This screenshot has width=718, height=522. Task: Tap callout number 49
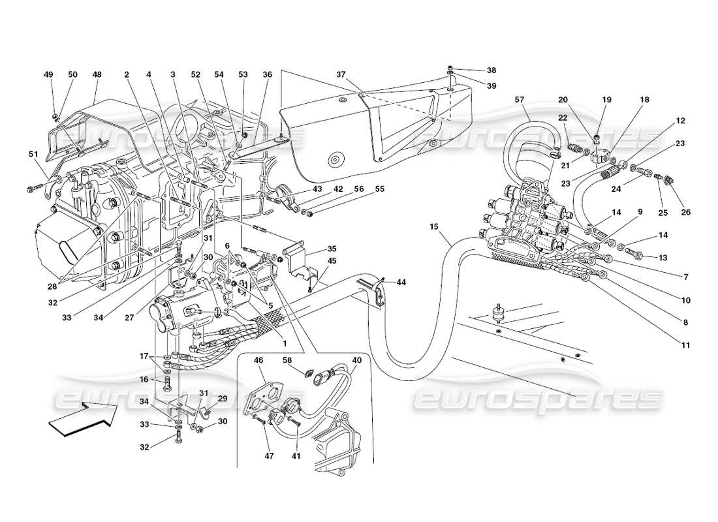point(49,75)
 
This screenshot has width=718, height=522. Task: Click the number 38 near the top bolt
point(491,70)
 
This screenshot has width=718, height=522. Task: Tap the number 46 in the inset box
point(258,360)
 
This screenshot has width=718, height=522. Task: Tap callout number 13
point(663,258)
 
